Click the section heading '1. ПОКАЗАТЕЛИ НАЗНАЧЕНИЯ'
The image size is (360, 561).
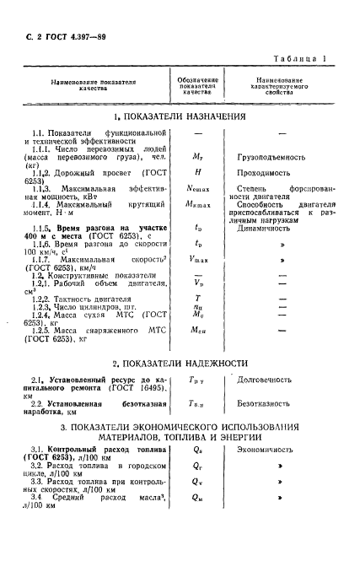pos(180,117)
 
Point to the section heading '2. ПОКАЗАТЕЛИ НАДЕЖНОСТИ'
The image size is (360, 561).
pos(180,364)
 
